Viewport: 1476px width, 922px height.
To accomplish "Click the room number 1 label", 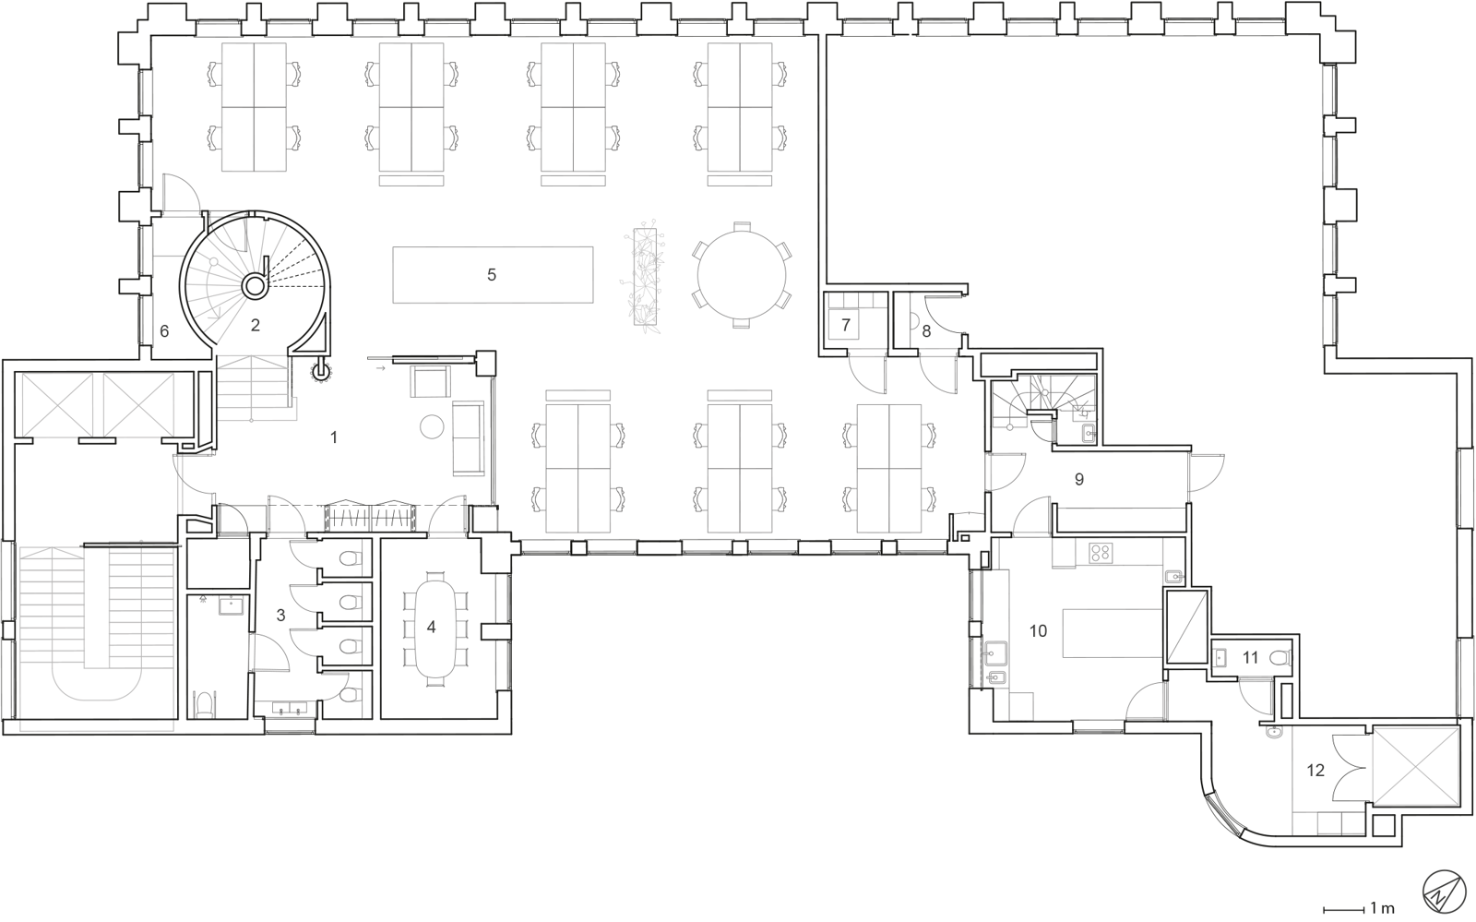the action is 334,437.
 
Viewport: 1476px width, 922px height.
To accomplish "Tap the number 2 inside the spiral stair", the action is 255,325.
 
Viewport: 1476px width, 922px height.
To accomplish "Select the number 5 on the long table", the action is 492,275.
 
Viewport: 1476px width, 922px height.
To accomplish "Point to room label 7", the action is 846,324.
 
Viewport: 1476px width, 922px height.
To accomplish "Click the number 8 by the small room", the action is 926,330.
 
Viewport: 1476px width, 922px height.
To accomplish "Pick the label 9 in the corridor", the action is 1079,479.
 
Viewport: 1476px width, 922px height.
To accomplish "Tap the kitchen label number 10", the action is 1038,631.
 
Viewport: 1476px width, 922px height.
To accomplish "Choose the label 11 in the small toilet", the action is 1251,657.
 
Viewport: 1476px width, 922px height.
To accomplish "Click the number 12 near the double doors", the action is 1315,771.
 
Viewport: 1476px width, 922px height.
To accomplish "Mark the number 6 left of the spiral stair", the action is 165,330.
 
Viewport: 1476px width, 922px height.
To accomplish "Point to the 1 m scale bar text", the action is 1382,908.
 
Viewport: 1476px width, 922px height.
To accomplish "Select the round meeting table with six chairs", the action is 742,275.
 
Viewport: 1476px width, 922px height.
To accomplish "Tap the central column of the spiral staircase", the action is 255,286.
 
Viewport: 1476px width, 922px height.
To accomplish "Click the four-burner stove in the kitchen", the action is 1101,552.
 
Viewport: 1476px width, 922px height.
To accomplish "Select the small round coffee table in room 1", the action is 433,425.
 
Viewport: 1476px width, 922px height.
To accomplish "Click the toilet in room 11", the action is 1279,658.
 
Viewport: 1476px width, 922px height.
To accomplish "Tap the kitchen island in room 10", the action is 1113,633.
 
